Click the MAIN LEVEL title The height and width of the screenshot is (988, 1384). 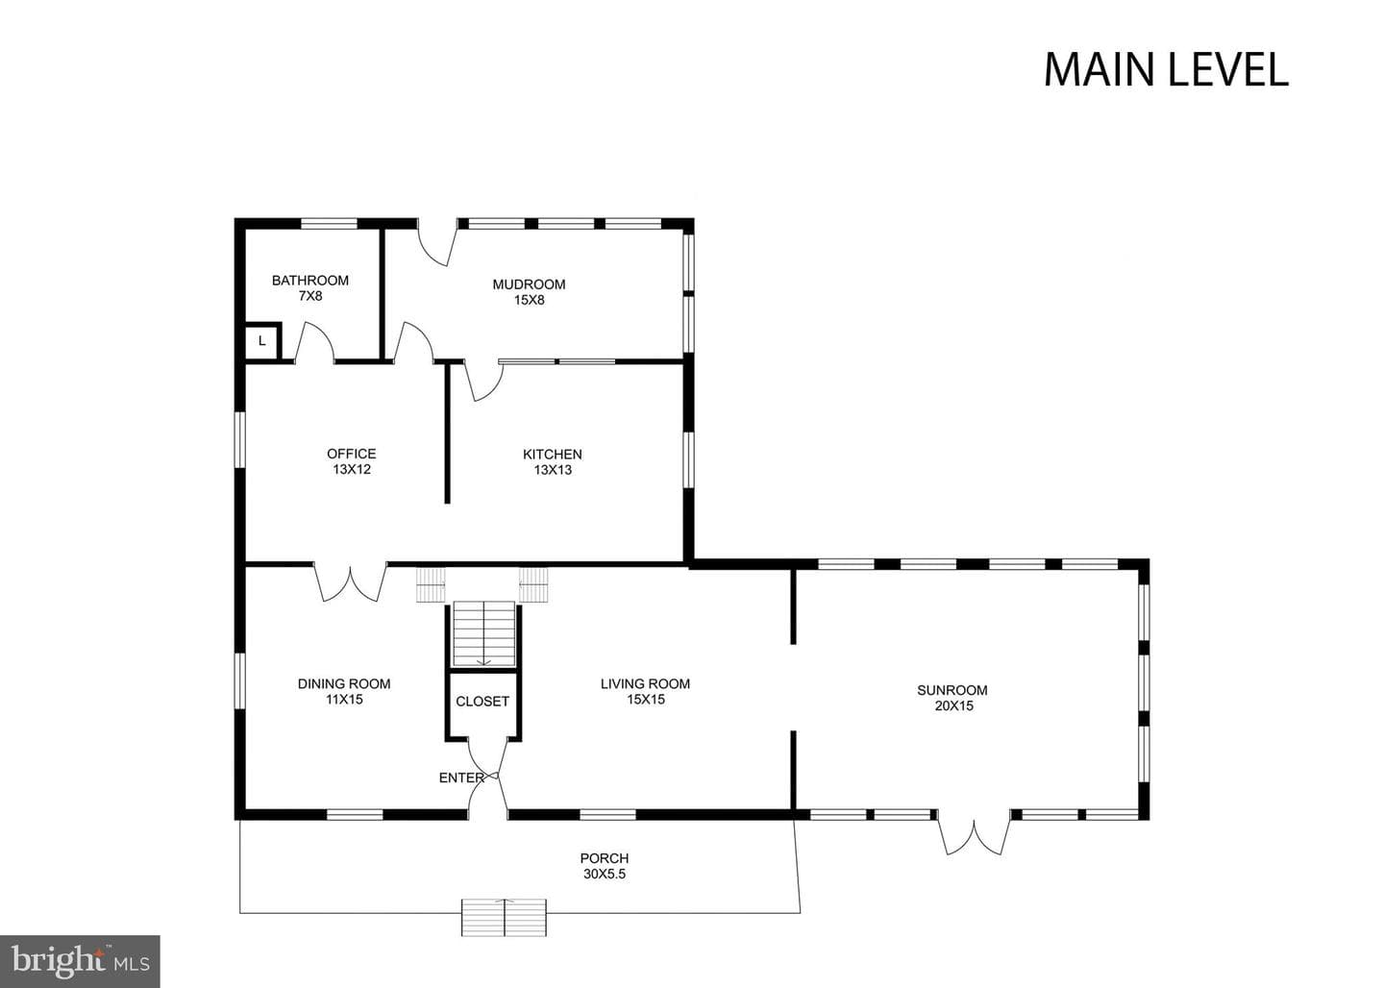(1166, 70)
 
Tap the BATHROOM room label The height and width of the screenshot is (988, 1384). (310, 280)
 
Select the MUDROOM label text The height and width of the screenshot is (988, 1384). (529, 284)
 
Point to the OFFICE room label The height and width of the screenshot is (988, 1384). (352, 454)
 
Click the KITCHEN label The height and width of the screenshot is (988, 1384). (553, 455)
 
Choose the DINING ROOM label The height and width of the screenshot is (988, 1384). (344, 683)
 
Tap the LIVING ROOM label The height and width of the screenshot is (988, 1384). (645, 683)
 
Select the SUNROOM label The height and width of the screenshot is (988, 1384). (952, 690)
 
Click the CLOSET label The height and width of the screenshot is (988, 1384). (482, 702)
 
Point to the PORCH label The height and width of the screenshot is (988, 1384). (605, 858)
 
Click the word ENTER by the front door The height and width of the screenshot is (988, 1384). (461, 778)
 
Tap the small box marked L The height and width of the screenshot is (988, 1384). (262, 341)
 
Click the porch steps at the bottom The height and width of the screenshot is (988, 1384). (505, 917)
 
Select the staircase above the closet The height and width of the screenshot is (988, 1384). (483, 633)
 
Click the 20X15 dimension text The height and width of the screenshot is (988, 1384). (954, 705)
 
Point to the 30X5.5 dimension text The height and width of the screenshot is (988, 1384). (605, 874)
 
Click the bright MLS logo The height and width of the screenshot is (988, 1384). (81, 961)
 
